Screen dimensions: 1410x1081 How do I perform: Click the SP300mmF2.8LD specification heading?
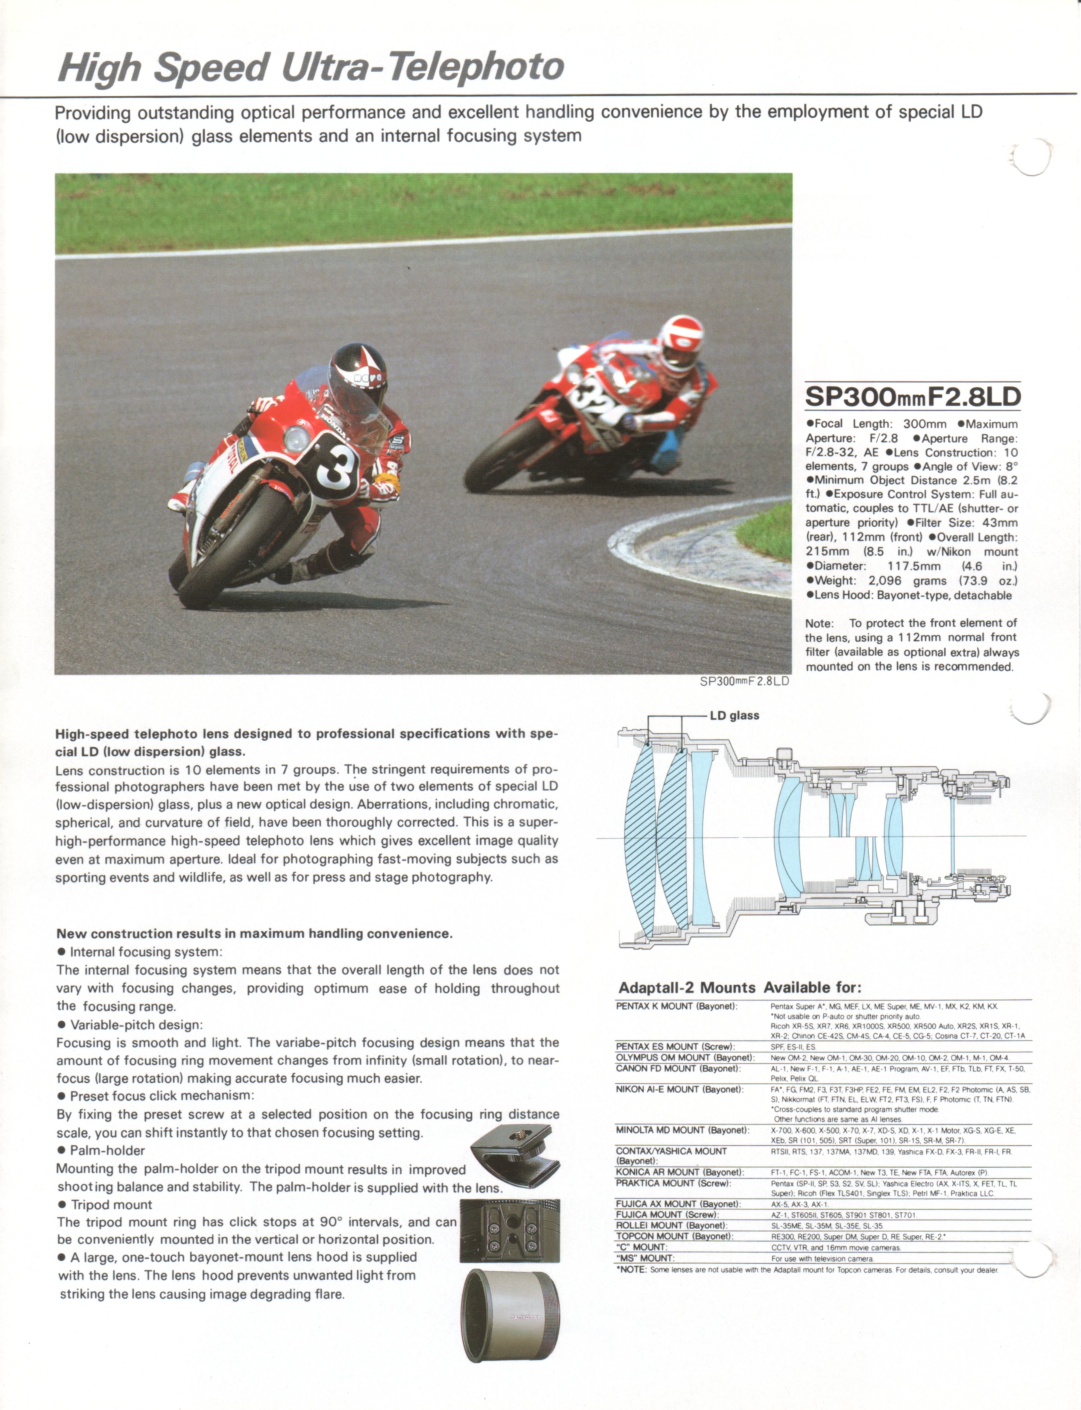point(912,397)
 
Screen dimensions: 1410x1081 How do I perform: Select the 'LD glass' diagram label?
point(734,716)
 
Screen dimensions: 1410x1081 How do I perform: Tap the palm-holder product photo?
point(515,1155)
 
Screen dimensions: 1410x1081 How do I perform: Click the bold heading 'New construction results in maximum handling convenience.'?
point(254,934)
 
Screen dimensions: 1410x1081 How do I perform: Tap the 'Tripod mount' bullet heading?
point(111,1205)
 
